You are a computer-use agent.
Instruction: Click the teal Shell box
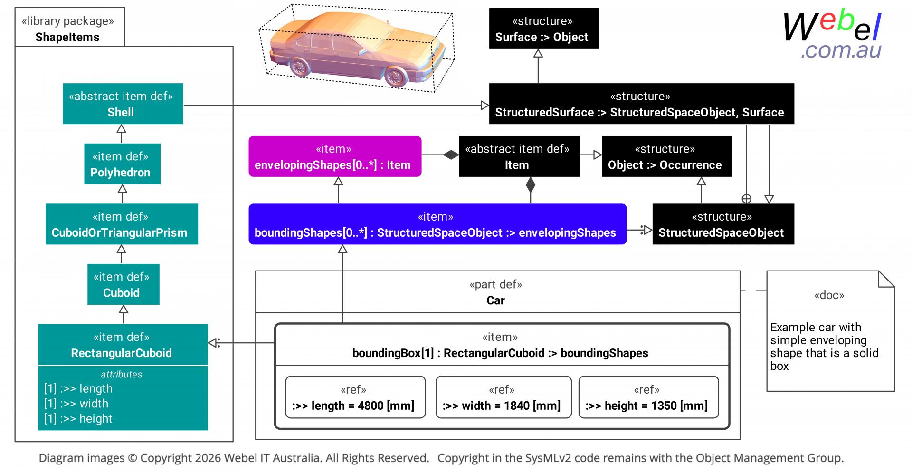[123, 104]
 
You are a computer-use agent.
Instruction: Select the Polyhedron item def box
[122, 164]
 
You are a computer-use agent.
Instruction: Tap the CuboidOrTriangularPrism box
[122, 224]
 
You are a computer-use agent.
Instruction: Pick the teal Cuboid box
[123, 284]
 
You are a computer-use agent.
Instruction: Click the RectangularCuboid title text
[122, 353]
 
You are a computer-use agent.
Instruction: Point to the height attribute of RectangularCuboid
[78, 419]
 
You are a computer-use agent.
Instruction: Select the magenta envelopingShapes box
[335, 156]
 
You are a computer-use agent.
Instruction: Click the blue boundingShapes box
[437, 224]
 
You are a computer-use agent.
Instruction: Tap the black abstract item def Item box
[519, 156]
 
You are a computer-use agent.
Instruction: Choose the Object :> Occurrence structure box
[667, 156]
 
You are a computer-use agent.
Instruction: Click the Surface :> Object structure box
[544, 29]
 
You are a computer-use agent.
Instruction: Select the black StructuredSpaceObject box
[723, 224]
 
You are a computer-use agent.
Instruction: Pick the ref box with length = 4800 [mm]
[355, 397]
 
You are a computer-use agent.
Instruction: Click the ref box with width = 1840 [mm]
[503, 397]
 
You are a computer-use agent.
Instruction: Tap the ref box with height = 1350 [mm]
[648, 397]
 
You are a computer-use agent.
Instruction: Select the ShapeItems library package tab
[70, 27]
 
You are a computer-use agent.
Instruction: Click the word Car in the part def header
[495, 300]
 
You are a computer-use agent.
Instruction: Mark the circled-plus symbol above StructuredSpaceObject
[747, 199]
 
